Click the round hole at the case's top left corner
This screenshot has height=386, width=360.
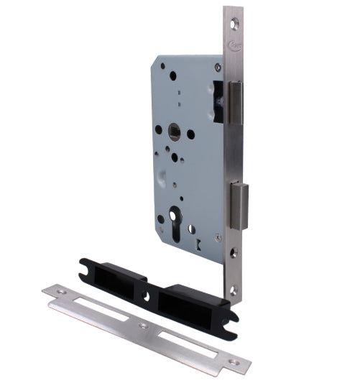pos(162,65)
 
